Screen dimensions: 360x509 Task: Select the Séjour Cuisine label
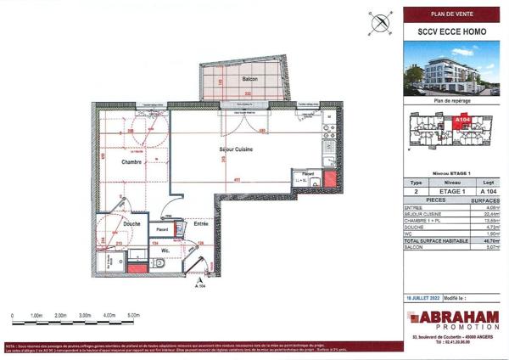pos(238,149)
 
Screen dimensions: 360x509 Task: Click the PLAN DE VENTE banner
pos(450,14)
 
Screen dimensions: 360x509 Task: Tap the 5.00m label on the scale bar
pos(132,314)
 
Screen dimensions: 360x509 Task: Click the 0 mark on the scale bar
pos(13,314)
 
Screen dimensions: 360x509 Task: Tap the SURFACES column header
pos(487,201)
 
